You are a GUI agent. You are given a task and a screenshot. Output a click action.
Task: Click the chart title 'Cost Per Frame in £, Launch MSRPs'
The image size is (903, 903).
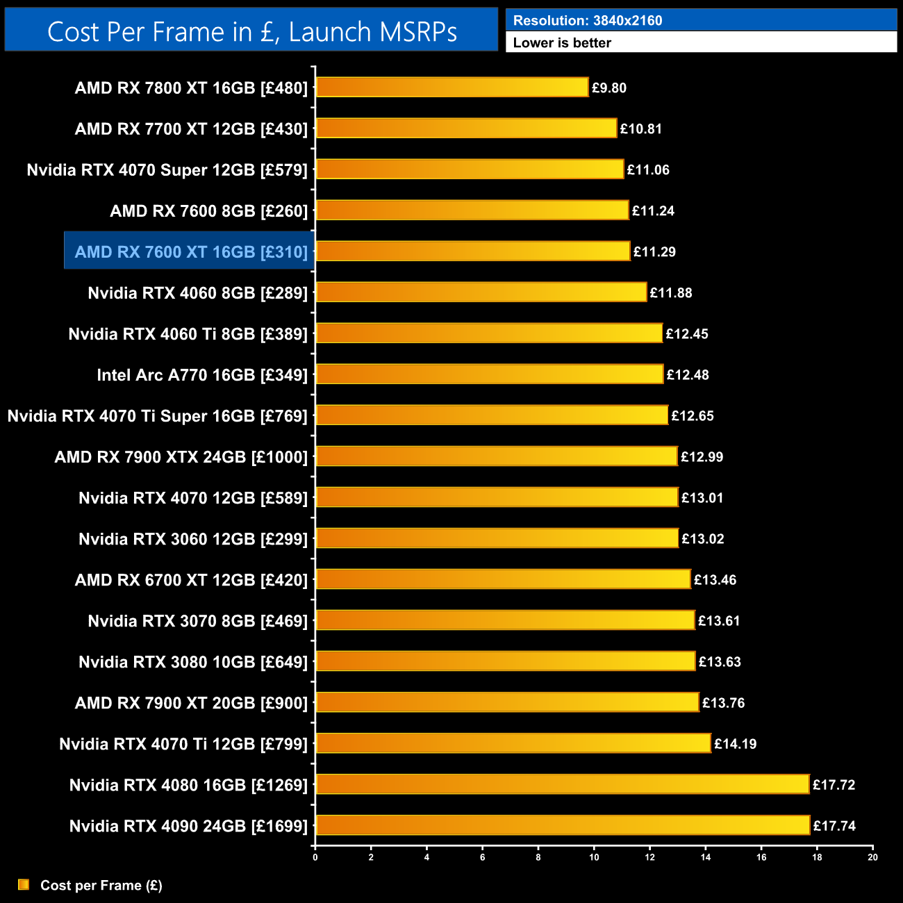click(x=251, y=32)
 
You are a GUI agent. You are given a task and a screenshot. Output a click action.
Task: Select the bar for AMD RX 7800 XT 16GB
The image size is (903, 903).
click(x=452, y=88)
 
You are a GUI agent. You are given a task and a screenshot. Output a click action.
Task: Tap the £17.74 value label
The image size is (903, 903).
click(x=834, y=826)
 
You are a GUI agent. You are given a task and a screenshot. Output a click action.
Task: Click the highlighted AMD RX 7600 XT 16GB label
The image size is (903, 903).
click(x=190, y=251)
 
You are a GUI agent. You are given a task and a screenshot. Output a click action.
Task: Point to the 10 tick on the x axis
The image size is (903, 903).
click(x=594, y=857)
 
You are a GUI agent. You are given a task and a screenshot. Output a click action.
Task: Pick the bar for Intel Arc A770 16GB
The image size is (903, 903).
click(x=490, y=374)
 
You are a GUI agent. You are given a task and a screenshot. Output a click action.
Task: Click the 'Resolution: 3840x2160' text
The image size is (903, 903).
click(x=588, y=21)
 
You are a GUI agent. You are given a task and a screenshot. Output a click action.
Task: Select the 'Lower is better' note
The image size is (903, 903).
click(x=562, y=43)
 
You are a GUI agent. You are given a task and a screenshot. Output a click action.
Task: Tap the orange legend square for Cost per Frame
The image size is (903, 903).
click(x=24, y=884)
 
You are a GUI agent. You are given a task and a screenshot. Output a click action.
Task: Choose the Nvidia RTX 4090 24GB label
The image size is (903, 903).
click(x=188, y=826)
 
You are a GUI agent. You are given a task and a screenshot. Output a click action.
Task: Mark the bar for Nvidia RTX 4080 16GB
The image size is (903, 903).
click(x=563, y=785)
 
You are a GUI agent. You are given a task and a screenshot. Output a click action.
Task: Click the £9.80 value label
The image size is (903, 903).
click(x=609, y=88)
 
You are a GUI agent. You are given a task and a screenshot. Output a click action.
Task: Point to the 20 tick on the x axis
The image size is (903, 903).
click(x=872, y=857)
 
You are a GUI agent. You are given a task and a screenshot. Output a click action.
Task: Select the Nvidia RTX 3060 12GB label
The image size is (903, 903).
click(x=193, y=539)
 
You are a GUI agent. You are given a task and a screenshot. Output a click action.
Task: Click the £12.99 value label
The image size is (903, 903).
click(x=702, y=457)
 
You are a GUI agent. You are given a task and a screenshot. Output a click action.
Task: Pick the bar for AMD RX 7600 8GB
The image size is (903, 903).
click(x=472, y=210)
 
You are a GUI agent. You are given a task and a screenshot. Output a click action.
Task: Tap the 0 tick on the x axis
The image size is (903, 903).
click(x=315, y=857)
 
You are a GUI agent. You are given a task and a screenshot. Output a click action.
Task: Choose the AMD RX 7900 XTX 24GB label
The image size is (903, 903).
click(x=181, y=457)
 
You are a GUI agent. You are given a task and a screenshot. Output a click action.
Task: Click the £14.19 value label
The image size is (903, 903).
click(x=735, y=744)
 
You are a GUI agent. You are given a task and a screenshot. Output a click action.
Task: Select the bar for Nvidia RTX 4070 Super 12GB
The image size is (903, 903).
click(x=470, y=169)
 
